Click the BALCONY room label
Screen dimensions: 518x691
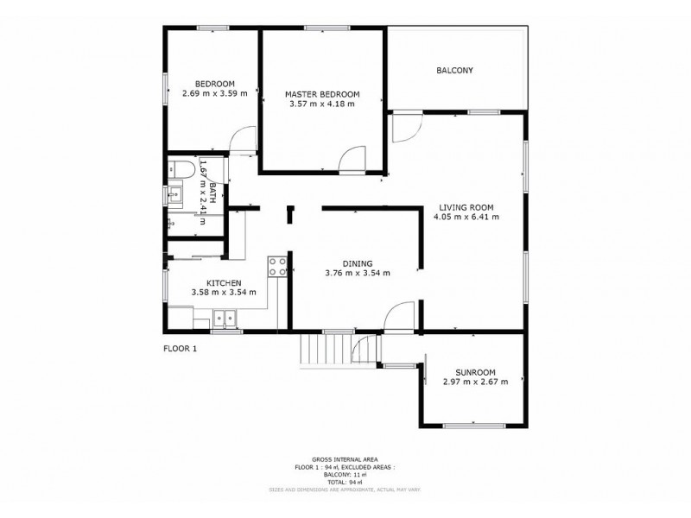coord(455,71)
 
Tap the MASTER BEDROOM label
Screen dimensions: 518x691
coord(321,94)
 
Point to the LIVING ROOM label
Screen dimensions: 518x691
coord(466,207)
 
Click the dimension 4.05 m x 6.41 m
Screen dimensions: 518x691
coord(466,218)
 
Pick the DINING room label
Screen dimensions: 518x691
coord(357,263)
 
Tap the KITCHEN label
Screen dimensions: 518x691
coord(223,282)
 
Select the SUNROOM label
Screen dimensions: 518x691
coord(474,371)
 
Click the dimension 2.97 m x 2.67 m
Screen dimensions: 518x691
coord(474,382)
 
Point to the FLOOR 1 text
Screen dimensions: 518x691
coord(181,348)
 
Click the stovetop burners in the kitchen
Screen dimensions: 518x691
coord(277,266)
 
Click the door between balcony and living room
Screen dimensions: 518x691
coord(403,126)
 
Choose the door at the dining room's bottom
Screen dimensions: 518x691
coord(399,317)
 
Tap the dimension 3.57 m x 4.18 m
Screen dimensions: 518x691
coord(321,104)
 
